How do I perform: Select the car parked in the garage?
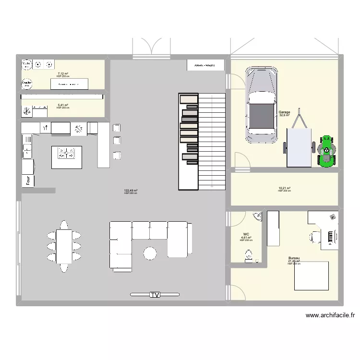(x=262, y=105)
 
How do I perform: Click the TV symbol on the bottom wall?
(x=154, y=295)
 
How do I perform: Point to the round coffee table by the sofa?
(x=150, y=252)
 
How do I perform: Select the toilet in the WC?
(x=249, y=258)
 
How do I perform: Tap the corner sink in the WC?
(x=258, y=216)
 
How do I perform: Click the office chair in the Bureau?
(x=314, y=236)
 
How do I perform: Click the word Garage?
(x=285, y=112)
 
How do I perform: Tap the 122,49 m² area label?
(x=130, y=191)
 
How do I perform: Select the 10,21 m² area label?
(x=285, y=188)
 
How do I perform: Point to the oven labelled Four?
(x=28, y=180)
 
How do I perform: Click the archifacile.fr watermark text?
(x=330, y=315)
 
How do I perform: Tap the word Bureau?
(x=294, y=258)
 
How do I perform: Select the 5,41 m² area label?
(x=62, y=105)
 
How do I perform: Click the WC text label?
(x=246, y=234)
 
